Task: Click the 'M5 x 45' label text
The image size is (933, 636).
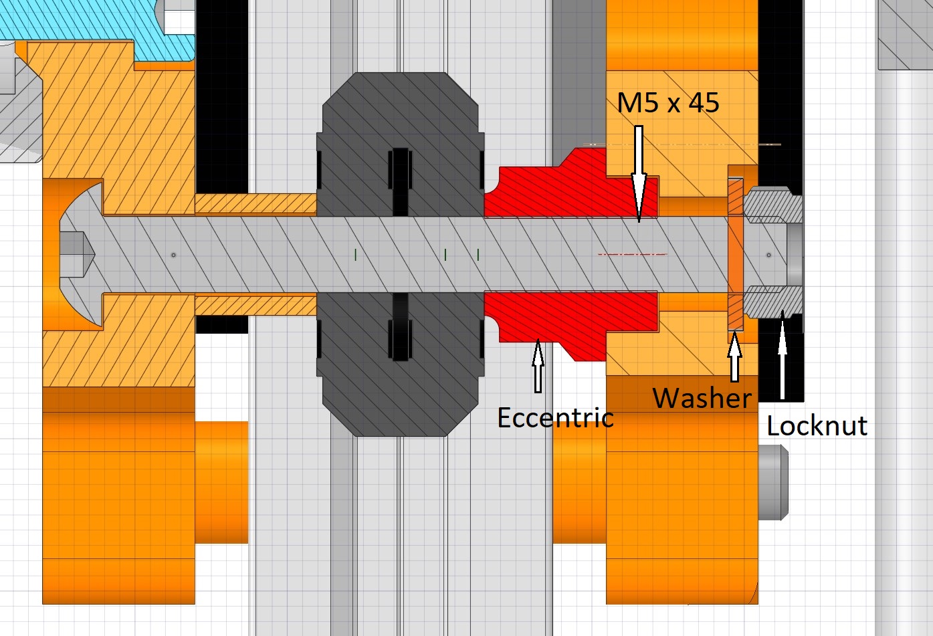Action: tap(667, 102)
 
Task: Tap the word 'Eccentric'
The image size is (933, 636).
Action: tap(556, 417)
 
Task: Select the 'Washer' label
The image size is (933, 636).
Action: tap(702, 398)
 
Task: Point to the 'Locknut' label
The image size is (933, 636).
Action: tap(817, 425)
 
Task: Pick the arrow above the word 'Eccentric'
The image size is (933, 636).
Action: tap(538, 366)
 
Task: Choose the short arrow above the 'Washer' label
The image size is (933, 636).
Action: tap(735, 356)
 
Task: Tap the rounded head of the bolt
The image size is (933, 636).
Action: tap(82, 255)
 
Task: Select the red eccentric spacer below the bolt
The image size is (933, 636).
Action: tap(571, 325)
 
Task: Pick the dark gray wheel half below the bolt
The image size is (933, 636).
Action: tap(400, 364)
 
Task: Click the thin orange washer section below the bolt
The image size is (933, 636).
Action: tap(736, 312)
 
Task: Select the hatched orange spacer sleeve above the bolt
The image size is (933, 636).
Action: tap(255, 204)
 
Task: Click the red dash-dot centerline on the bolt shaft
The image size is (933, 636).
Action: tap(632, 254)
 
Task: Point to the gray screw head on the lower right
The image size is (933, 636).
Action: tap(773, 482)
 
